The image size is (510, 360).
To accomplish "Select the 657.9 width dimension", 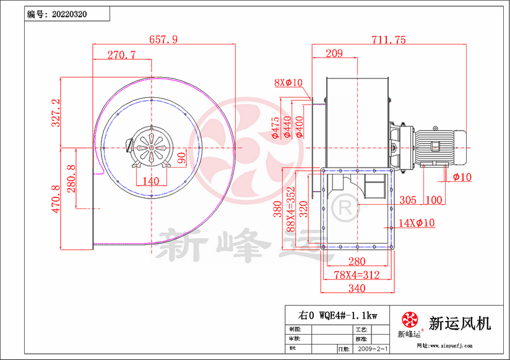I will [163, 39].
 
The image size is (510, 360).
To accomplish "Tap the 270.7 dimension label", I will [121, 54].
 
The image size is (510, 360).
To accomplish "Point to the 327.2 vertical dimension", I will [55, 112].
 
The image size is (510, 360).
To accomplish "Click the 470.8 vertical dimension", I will [55, 199].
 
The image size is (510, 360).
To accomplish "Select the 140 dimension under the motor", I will [150, 181].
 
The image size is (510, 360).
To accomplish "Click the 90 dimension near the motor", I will [181, 158].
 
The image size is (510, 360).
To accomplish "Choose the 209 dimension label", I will [334, 54].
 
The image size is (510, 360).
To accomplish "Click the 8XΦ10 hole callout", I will [287, 82].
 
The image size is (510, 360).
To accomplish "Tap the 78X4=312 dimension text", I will [357, 275].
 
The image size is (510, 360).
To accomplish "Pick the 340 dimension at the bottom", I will [357, 288].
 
